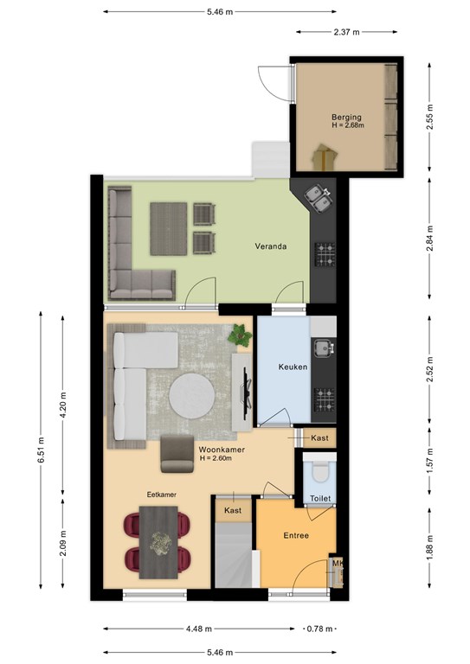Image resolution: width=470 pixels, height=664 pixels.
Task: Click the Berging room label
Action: tap(346, 117)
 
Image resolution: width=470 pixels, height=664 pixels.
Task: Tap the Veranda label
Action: tap(270, 246)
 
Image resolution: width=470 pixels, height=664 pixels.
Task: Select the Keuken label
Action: tap(293, 367)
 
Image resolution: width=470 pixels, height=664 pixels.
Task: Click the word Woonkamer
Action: tap(222, 450)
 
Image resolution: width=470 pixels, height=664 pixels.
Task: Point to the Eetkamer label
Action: tap(162, 495)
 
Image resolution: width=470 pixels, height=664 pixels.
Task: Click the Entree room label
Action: tap(296, 536)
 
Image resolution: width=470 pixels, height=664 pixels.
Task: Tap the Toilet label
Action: tap(320, 498)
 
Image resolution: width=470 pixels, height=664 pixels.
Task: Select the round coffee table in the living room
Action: tap(191, 396)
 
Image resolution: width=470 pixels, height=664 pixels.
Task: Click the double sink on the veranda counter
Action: tap(319, 198)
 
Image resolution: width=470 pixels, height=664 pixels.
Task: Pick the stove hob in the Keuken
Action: tap(325, 399)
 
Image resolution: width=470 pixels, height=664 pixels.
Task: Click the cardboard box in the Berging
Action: tap(325, 156)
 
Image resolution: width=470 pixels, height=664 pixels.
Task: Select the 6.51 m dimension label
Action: tap(41, 450)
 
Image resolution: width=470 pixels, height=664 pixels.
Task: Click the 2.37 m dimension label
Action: tap(347, 32)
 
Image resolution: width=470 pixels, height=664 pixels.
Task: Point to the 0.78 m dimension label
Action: tap(320, 629)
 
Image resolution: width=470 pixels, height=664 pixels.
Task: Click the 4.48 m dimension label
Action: tap(199, 629)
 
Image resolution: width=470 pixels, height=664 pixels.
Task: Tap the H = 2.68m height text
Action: tap(348, 125)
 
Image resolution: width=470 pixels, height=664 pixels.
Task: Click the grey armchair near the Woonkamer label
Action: tap(177, 454)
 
